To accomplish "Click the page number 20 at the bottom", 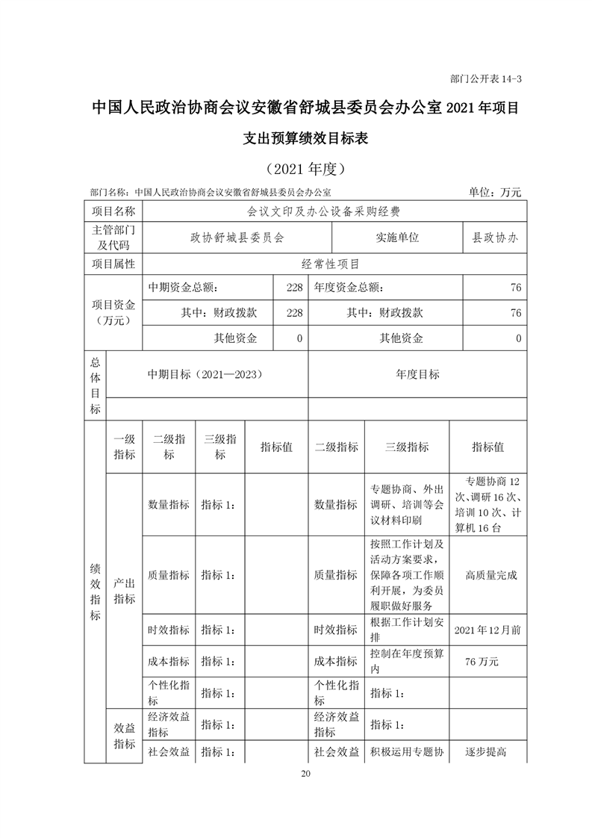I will pos(305,773).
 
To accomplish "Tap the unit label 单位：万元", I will pos(495,192).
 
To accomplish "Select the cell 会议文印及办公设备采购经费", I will pos(329,211).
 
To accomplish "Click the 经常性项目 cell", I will pos(329,264).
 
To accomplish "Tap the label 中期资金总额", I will pos(183,287).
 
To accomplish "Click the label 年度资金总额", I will pos(349,287).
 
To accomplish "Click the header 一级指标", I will pos(124,447).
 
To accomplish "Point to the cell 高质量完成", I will pos(490,575).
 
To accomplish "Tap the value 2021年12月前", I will pos(487,630).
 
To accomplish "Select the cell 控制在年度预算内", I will pos(407,661).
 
